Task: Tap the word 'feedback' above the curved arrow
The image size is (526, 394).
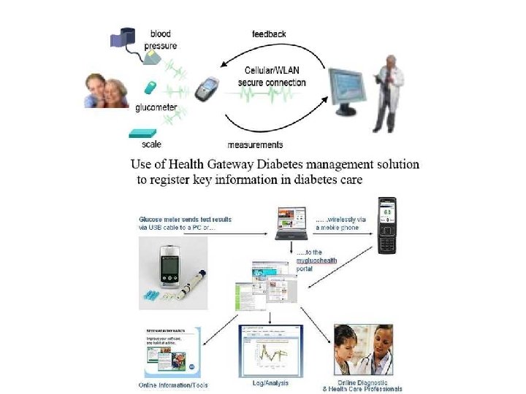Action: click(x=269, y=34)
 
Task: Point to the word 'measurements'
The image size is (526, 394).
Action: click(x=255, y=144)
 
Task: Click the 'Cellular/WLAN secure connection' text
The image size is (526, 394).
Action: click(x=271, y=77)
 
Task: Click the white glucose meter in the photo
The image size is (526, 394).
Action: click(x=169, y=267)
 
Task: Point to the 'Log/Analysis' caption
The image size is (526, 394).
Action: click(x=270, y=382)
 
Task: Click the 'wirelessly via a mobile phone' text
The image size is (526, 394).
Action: click(x=338, y=223)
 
